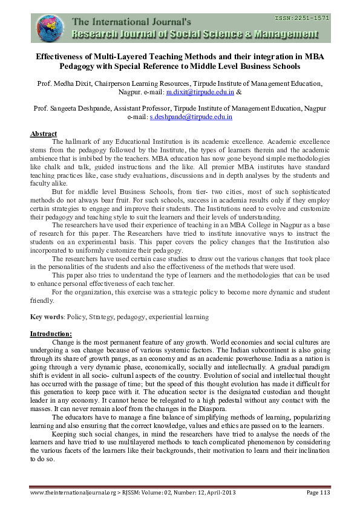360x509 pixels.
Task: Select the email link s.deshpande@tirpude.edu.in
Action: [191, 117]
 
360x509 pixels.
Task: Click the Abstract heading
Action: [44, 134]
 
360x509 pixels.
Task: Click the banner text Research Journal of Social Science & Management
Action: [200, 34]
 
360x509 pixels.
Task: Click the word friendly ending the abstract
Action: [42, 300]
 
